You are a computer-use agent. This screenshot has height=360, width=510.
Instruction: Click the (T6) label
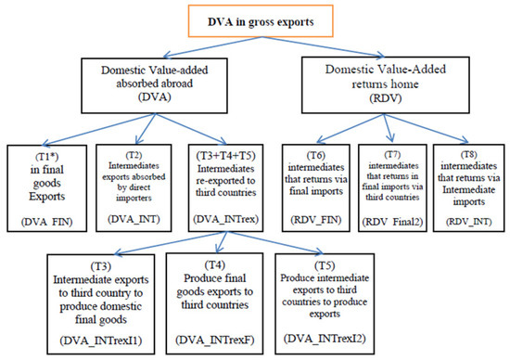click(x=315, y=156)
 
